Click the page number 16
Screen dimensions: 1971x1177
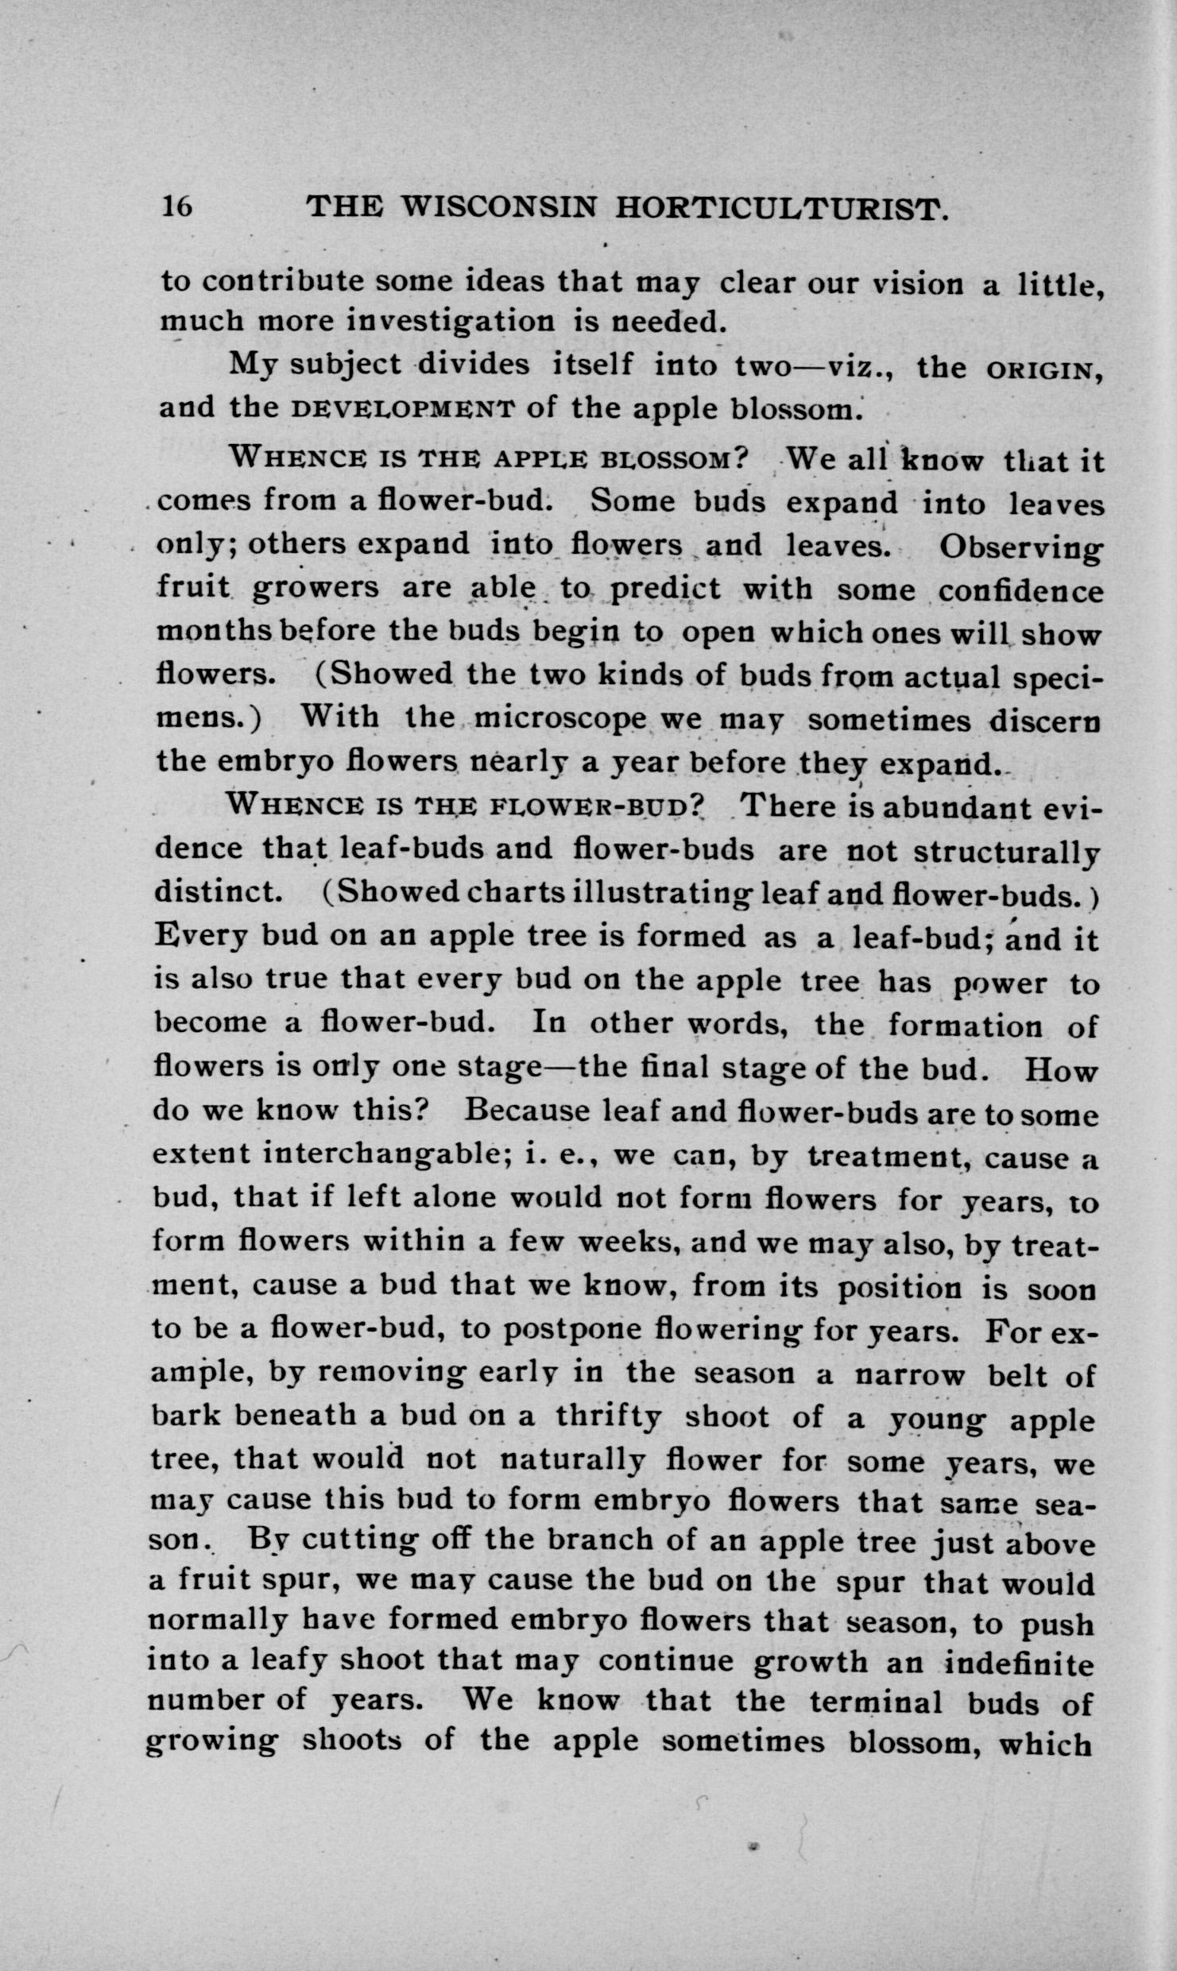tap(176, 207)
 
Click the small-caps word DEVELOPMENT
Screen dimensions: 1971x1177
tap(401, 410)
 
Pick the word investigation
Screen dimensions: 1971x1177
tap(449, 321)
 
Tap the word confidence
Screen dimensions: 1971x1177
tap(1021, 592)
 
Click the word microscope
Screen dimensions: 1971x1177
tap(563, 719)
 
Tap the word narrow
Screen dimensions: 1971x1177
tap(909, 1374)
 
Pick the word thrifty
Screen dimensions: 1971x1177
tap(607, 1417)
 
